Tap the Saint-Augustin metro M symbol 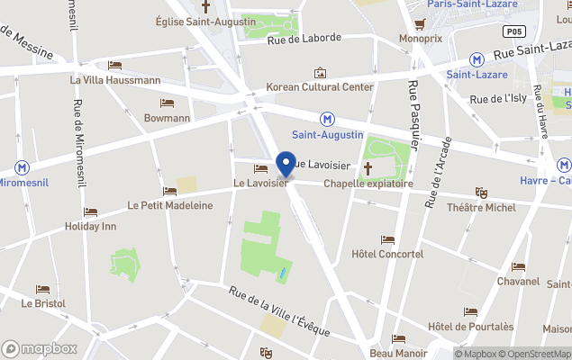(x=327, y=119)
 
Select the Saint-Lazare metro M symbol (x=476, y=59)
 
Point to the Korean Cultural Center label (x=320, y=87)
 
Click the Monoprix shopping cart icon (x=420, y=23)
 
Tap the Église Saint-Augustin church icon (x=204, y=6)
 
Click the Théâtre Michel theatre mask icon (x=481, y=193)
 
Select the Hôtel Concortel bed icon (x=387, y=239)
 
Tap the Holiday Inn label (x=90, y=227)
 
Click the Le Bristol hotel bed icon (x=43, y=289)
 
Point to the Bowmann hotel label (x=168, y=118)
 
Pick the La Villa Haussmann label (x=115, y=79)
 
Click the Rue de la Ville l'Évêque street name (x=279, y=313)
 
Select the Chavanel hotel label (x=518, y=281)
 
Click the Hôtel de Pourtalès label (x=470, y=326)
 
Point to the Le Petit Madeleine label (x=170, y=205)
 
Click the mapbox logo (x=40, y=348)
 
